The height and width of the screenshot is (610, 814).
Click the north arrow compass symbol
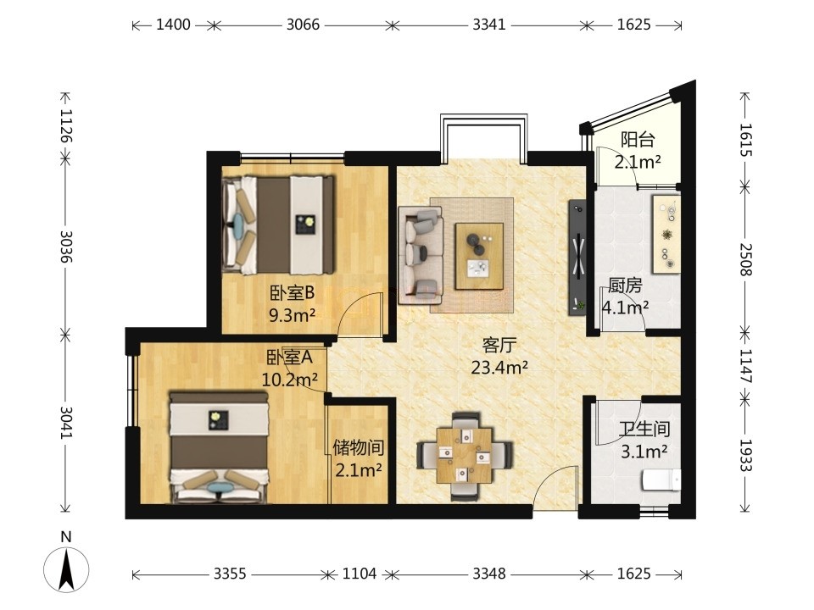[66, 569]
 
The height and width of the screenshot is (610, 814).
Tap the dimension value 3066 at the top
[304, 25]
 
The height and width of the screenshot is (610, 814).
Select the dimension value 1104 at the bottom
[360, 574]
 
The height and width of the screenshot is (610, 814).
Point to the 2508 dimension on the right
[745, 259]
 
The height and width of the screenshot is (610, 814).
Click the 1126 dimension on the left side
[66, 125]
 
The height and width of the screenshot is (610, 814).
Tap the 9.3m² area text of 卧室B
[293, 314]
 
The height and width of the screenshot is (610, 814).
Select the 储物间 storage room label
[359, 447]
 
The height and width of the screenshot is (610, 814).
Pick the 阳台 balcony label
[638, 140]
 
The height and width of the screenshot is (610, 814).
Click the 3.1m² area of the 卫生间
[644, 452]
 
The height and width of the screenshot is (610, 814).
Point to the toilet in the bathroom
[661, 480]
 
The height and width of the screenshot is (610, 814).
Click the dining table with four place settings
[465, 456]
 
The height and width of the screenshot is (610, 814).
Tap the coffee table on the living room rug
[479, 256]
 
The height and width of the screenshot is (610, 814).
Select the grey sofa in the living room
[421, 255]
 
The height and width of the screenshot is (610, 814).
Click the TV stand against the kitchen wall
[577, 258]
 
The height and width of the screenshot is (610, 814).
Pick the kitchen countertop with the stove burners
[666, 234]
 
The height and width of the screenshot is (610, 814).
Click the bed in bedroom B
[278, 225]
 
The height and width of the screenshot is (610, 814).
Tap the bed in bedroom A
[219, 447]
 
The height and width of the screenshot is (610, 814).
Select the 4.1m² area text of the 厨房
[625, 308]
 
